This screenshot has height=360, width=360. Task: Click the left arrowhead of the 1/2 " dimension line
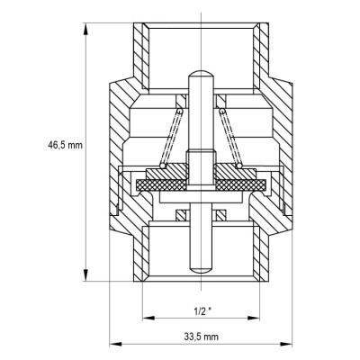coord(144,316)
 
